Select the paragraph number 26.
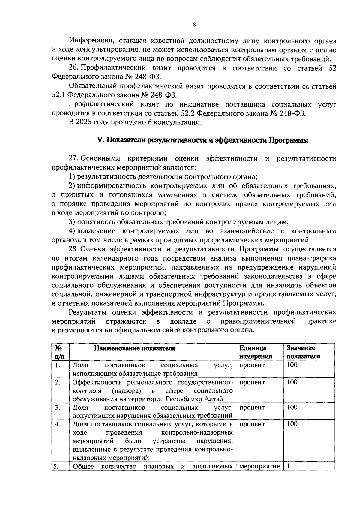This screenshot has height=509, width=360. [73, 68]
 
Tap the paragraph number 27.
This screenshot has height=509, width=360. [73, 158]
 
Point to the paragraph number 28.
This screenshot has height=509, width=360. [73, 249]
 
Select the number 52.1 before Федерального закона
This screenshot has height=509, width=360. [58, 95]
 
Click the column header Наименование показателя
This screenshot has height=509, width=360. [135, 348]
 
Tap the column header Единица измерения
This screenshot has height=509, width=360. [256, 352]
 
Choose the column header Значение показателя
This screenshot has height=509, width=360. [303, 352]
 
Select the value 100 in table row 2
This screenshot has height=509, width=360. [292, 382]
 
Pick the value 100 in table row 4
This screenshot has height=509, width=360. [292, 424]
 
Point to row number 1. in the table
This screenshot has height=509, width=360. [58, 365]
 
